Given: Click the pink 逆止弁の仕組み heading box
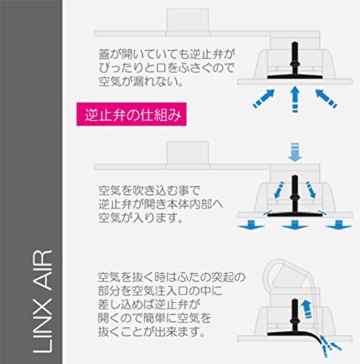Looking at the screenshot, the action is pyautogui.click(x=132, y=114).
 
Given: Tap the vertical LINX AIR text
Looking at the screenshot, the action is pyautogui.click(x=42, y=301).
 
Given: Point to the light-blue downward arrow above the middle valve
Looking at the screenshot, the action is pyautogui.click(x=295, y=152).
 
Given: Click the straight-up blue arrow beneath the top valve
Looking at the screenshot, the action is pyautogui.click(x=295, y=99).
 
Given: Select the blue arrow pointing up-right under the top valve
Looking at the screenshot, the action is pyautogui.click(x=264, y=98).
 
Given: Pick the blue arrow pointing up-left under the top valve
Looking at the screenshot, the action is pyautogui.click(x=326, y=98).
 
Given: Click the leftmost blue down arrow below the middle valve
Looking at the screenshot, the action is pyautogui.click(x=251, y=225).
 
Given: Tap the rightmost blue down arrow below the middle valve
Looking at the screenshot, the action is pyautogui.click(x=339, y=225).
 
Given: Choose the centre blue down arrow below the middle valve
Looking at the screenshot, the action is pyautogui.click(x=295, y=225).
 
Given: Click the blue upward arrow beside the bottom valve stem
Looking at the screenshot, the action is pyautogui.click(x=307, y=309).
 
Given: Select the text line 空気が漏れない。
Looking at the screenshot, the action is pyautogui.click(x=141, y=82).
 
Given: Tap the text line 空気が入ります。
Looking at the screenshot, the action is pyautogui.click(x=141, y=218).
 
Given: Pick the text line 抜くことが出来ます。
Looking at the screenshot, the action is pyautogui.click(x=152, y=331).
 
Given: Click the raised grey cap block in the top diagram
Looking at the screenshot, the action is pyautogui.click(x=188, y=20).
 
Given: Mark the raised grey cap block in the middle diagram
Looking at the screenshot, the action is pyautogui.click(x=188, y=153).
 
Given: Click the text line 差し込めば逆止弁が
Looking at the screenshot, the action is pyautogui.click(x=148, y=304).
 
